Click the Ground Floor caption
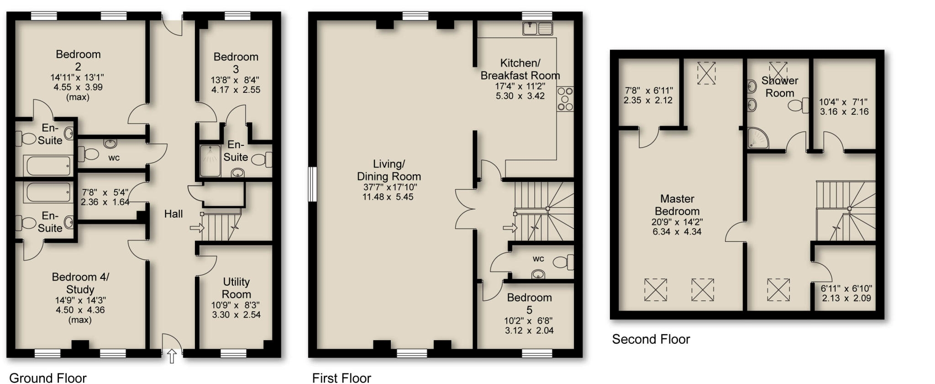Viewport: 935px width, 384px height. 47,378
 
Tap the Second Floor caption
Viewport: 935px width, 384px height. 651,339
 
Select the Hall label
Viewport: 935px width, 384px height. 173,214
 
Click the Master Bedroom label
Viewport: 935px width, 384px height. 677,205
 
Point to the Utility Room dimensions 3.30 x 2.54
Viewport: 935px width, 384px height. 236,315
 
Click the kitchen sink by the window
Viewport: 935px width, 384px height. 537,28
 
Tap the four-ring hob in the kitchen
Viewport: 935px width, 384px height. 565,98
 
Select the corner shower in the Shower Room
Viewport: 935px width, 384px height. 757,139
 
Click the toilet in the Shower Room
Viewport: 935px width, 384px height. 797,106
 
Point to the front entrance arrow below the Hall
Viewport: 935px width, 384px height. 172,356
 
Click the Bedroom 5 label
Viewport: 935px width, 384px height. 530,304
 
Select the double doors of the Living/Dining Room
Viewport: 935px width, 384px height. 465,208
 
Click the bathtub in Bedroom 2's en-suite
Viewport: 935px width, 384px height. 48,165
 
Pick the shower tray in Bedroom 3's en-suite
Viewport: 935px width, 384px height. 210,160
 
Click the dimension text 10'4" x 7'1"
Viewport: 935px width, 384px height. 843,102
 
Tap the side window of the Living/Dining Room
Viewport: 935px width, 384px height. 312,184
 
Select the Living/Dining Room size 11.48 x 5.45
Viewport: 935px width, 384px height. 388,197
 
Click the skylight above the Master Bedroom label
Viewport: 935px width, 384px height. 706,73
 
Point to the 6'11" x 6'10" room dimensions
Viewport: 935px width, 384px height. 846,289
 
